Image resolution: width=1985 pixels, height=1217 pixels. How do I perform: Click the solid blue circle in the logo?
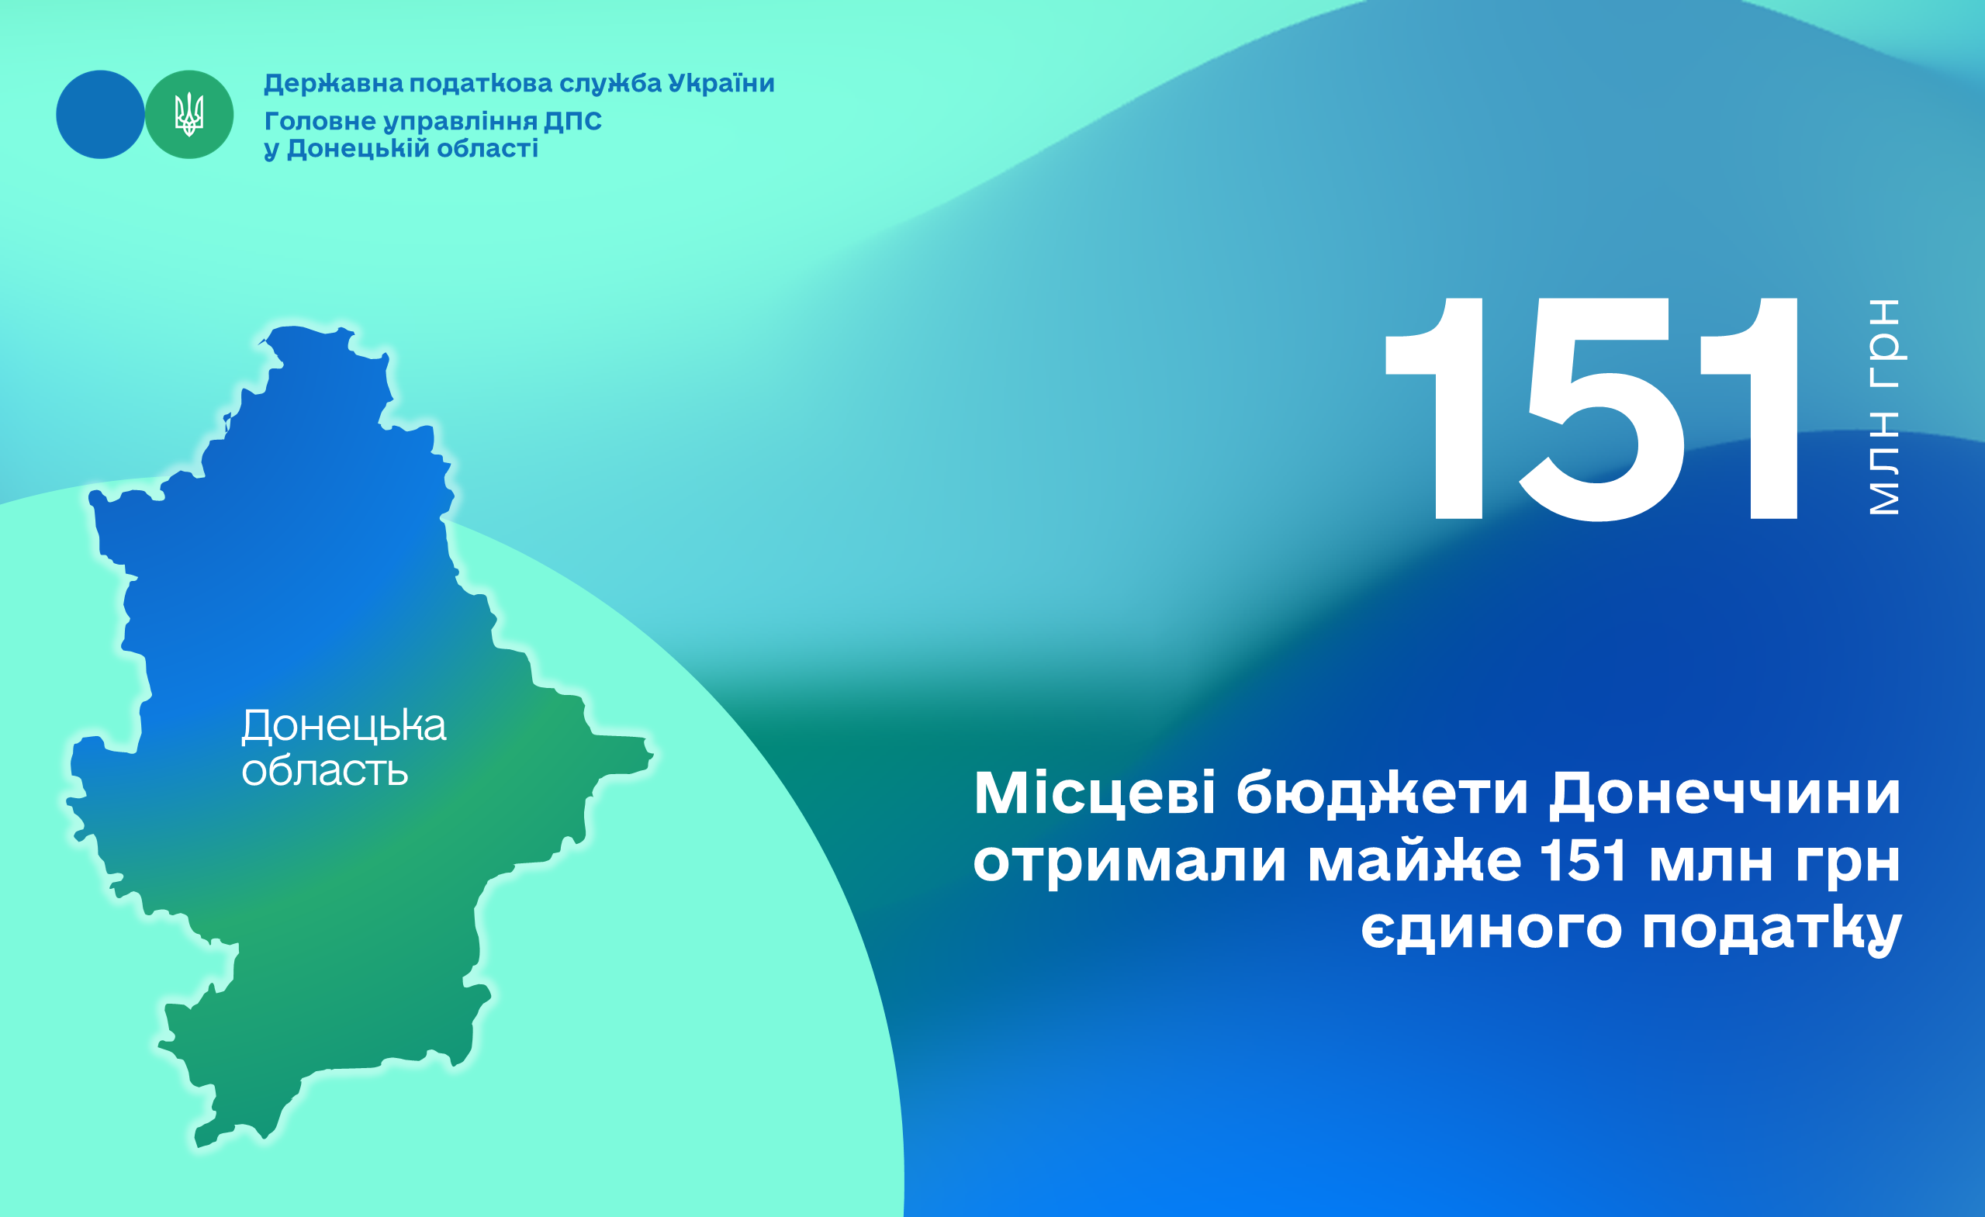tap(100, 114)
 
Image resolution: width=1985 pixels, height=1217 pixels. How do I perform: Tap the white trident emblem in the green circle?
tap(189, 114)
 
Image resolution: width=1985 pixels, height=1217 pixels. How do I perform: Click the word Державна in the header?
tap(334, 84)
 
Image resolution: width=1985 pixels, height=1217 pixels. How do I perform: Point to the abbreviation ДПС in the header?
tap(572, 122)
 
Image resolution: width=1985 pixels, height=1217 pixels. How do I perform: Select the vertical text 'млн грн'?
tap(1885, 406)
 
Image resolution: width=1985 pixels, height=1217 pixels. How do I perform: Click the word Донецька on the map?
tap(344, 726)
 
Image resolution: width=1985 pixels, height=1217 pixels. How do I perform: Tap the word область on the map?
tap(325, 771)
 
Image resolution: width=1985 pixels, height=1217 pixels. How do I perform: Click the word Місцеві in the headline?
tap(1095, 794)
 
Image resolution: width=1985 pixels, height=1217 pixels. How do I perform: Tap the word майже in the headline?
tap(1415, 862)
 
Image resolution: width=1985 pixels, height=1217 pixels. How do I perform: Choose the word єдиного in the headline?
tap(1491, 929)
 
